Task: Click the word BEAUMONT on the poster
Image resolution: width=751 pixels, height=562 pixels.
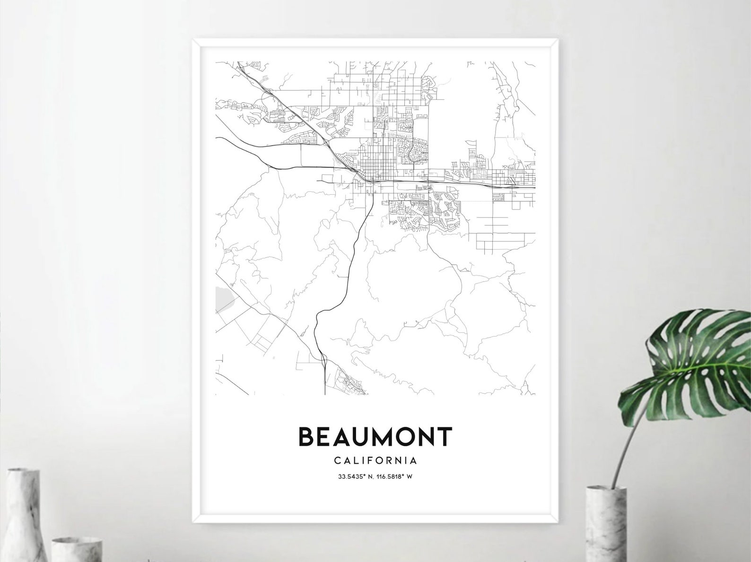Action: (x=375, y=437)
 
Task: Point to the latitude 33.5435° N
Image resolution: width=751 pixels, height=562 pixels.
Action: (x=353, y=477)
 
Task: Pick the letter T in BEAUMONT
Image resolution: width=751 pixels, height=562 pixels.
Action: (x=444, y=437)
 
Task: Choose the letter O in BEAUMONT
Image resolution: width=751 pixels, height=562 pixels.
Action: (x=401, y=437)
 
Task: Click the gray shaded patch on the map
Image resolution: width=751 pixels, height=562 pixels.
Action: (x=221, y=299)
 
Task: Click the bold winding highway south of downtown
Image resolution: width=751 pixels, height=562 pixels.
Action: (x=352, y=265)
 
